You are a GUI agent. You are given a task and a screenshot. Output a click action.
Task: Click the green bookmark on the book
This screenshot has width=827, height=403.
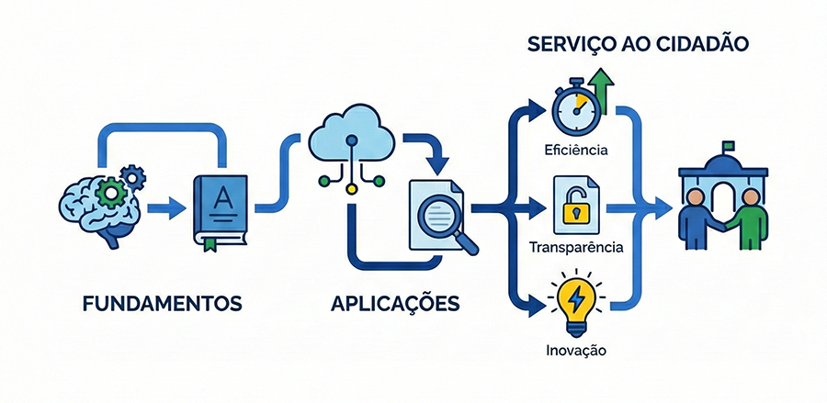tap(210, 242)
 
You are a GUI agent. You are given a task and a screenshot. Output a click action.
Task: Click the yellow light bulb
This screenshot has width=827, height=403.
tap(575, 304)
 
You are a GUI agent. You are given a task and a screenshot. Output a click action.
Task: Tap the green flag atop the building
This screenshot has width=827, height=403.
tap(729, 145)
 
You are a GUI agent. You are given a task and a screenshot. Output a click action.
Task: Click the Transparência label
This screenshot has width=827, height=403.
tap(576, 248)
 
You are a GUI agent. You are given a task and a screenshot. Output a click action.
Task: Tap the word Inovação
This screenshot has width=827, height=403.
tap(575, 351)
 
